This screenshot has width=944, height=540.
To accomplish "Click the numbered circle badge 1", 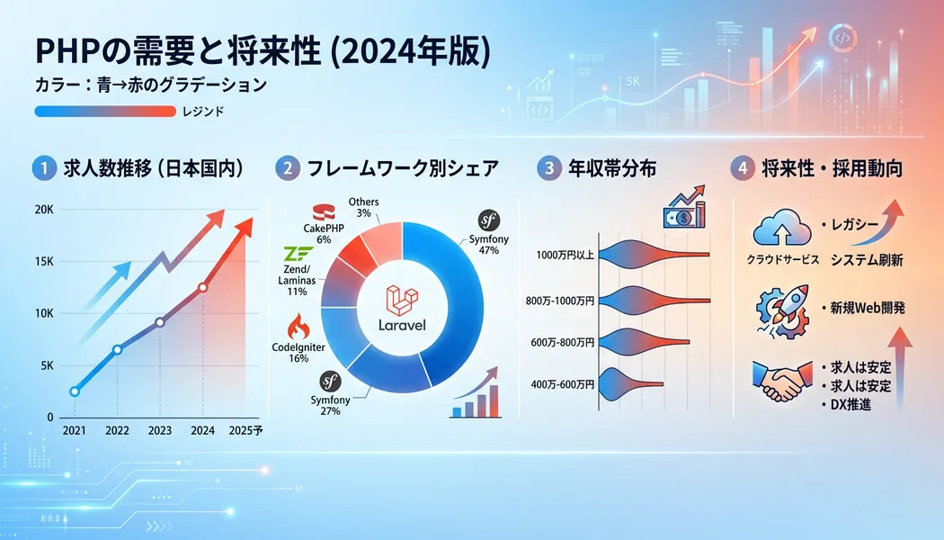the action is (x=43, y=169).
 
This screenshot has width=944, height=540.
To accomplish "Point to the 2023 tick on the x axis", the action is (x=159, y=430).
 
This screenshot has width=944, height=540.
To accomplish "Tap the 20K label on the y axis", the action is (x=44, y=210).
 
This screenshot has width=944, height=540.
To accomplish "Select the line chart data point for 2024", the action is (x=203, y=287).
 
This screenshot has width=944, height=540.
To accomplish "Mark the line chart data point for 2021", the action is (x=75, y=391).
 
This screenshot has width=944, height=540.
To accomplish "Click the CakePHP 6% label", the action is (x=324, y=234).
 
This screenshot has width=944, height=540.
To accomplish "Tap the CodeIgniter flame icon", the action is (x=298, y=327).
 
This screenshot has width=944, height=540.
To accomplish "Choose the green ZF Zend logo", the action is (x=298, y=253).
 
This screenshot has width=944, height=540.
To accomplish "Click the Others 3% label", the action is (x=363, y=207).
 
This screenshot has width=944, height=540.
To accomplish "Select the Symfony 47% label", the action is (x=489, y=245).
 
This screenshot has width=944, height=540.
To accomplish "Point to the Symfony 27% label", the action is (x=330, y=406).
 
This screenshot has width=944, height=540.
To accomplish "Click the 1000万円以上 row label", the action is (x=565, y=255).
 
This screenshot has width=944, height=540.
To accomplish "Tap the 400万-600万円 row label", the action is (x=562, y=384).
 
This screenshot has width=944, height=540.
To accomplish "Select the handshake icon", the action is (x=781, y=381).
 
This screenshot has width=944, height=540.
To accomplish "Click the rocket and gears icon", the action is (x=784, y=311).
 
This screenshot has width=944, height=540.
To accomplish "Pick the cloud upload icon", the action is (x=781, y=228).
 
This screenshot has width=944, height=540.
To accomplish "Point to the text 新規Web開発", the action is (x=868, y=308).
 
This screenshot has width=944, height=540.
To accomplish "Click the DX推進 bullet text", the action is (x=850, y=404).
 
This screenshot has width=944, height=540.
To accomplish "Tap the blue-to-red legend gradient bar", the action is (x=105, y=112).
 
